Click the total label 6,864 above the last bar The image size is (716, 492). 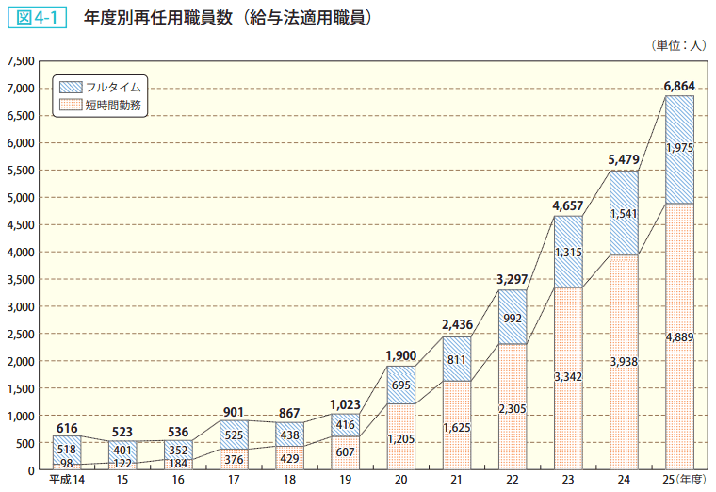click(x=678, y=86)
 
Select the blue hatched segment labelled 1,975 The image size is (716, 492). click(x=678, y=149)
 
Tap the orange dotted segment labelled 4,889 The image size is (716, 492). click(x=678, y=336)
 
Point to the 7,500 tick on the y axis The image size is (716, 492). click(x=21, y=61)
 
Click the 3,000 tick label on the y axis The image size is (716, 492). click(x=21, y=307)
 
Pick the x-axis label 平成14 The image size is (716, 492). click(x=66, y=481)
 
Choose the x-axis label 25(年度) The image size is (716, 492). click(x=683, y=481)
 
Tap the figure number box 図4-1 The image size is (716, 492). click(x=41, y=17)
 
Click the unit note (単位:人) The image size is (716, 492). click(x=676, y=44)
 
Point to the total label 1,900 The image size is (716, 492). click(x=400, y=355)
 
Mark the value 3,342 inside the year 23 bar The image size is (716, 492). click(x=567, y=377)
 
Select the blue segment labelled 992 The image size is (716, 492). click(x=512, y=318)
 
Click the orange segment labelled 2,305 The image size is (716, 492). click(x=512, y=407)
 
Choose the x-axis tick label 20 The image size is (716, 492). click(x=400, y=481)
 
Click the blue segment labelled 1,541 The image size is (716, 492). click(x=623, y=214)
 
